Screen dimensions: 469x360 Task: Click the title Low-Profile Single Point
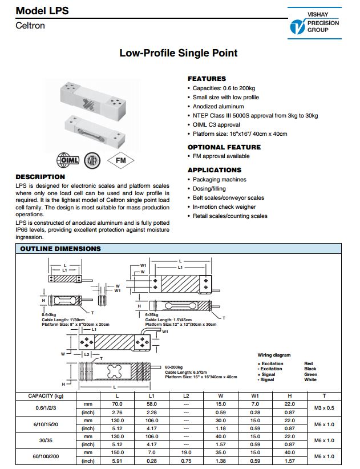(178, 53)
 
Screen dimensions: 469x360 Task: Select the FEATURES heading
(207, 79)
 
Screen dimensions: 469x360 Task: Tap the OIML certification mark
(68, 160)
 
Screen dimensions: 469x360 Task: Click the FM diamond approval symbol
(121, 160)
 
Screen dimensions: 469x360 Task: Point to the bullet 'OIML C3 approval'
(216, 125)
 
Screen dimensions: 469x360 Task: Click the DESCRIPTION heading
(40, 177)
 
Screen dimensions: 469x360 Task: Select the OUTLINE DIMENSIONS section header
(60, 249)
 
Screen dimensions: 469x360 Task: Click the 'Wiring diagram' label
(274, 355)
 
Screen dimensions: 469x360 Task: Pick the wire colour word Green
(311, 374)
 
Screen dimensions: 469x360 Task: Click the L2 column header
(185, 395)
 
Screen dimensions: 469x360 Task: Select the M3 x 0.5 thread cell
(324, 407)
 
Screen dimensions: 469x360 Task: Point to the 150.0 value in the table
(118, 452)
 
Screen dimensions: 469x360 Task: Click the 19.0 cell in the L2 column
(185, 452)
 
